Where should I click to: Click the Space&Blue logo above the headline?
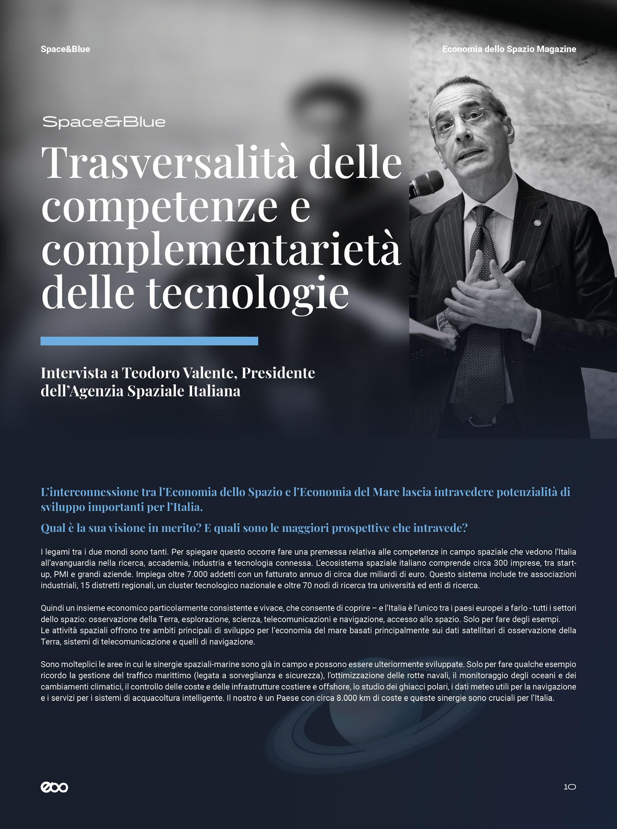[x=104, y=122]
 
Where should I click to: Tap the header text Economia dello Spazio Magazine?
[x=509, y=49]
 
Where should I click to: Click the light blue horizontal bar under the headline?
[x=149, y=341]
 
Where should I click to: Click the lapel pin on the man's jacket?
[x=537, y=222]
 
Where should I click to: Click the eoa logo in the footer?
[x=54, y=787]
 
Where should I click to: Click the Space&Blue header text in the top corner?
[x=65, y=49]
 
